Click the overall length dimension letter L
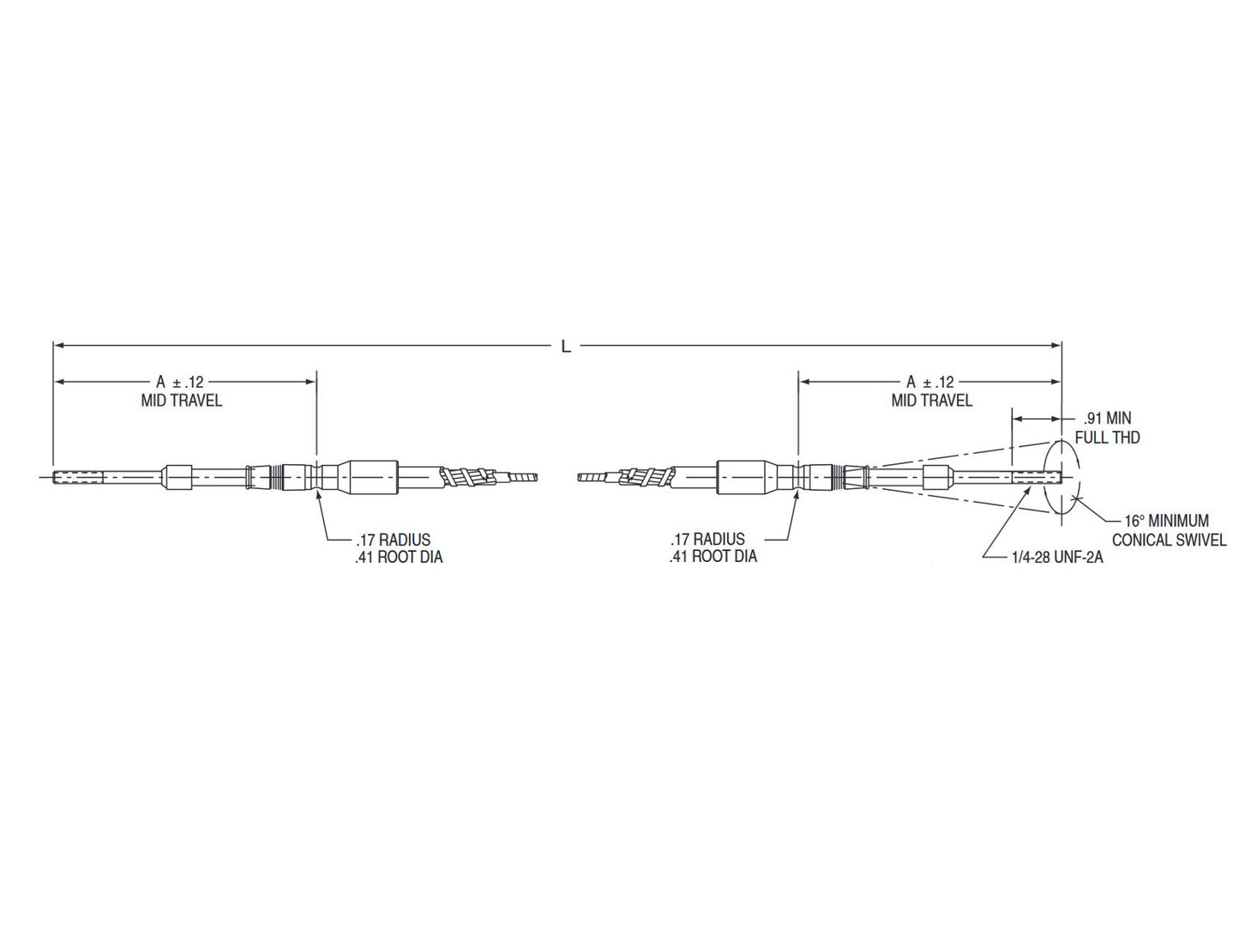tap(565, 346)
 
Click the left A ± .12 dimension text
tap(181, 382)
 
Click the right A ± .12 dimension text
tap(930, 382)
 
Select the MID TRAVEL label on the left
tap(181, 401)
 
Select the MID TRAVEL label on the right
tap(931, 401)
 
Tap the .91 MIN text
tap(1107, 419)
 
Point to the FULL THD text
tap(1107, 438)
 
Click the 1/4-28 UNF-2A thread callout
tap(1056, 557)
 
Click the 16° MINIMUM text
tap(1166, 521)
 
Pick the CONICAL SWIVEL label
tap(1169, 540)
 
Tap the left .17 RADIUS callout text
tap(393, 540)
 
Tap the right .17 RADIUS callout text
tap(707, 540)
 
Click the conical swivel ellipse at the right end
tap(1062, 446)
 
